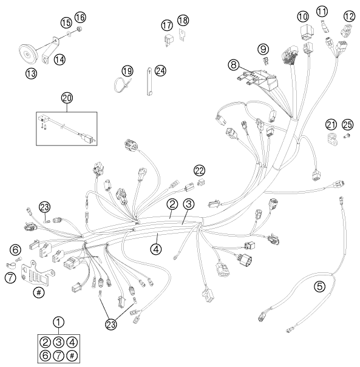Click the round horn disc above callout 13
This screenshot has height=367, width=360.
click(27, 55)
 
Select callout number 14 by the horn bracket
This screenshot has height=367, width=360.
click(59, 59)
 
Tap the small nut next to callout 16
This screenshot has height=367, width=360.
click(79, 29)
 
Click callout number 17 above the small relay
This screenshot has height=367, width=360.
click(167, 25)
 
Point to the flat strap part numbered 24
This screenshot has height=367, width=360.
click(150, 81)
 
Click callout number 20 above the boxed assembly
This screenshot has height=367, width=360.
click(67, 98)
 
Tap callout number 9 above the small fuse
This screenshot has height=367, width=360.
click(263, 49)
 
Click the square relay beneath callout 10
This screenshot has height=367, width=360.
click(305, 33)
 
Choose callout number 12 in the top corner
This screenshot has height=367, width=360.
click(349, 16)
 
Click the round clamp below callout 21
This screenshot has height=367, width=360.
click(332, 139)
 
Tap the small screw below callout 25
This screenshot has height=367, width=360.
click(347, 136)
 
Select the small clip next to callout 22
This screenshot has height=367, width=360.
click(200, 182)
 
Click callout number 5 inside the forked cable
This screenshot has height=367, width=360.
click(320, 286)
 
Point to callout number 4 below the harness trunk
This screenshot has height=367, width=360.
click(156, 249)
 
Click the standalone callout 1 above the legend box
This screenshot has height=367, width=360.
click(58, 322)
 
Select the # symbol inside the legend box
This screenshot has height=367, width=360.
click(72, 355)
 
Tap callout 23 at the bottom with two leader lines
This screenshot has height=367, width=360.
click(111, 325)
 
